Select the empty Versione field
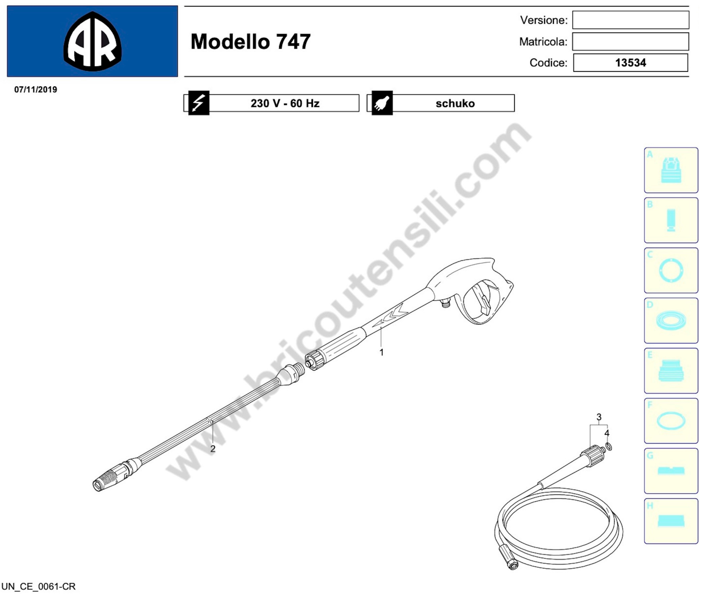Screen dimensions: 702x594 [x=631, y=20]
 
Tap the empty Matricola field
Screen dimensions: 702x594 [x=631, y=41]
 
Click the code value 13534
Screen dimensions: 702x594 [x=631, y=63]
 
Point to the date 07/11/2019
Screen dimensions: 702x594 [x=36, y=90]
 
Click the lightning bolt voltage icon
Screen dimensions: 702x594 [x=199, y=103]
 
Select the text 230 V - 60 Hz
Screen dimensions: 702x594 [x=285, y=103]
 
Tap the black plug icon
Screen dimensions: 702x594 [x=382, y=103]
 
